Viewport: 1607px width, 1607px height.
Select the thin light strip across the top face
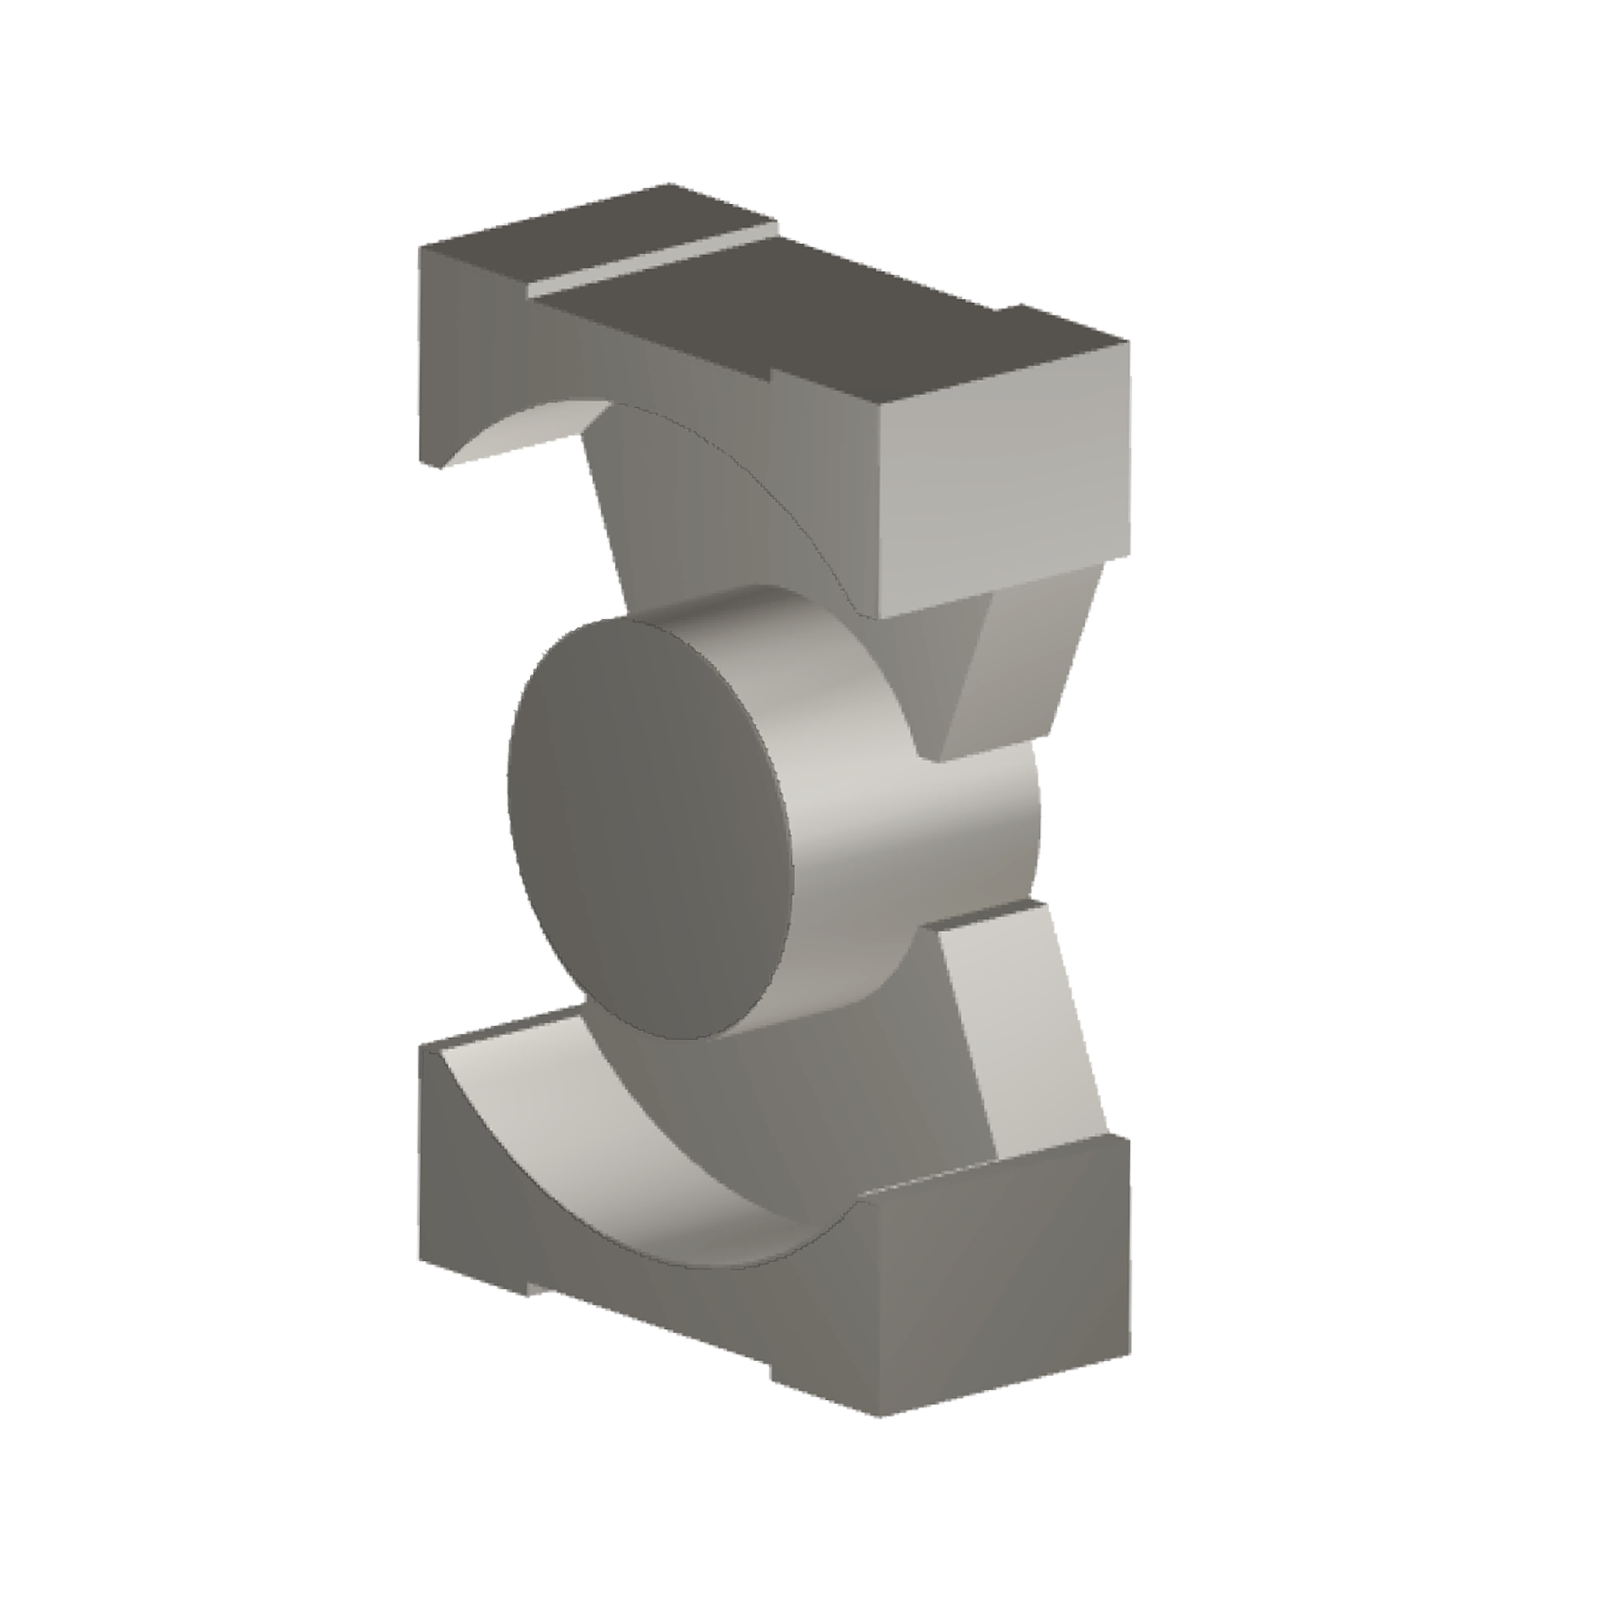[x=657, y=258]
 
